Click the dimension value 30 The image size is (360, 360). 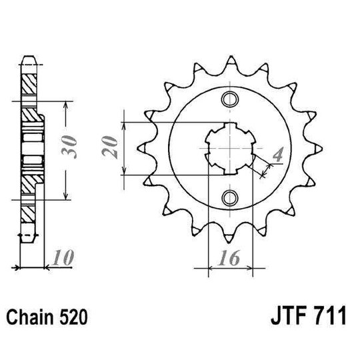74,149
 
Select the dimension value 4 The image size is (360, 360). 278,156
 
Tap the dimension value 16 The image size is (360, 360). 231,258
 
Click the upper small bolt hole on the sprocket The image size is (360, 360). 231,100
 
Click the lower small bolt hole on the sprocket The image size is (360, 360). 231,197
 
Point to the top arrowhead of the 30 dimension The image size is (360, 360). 65,105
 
